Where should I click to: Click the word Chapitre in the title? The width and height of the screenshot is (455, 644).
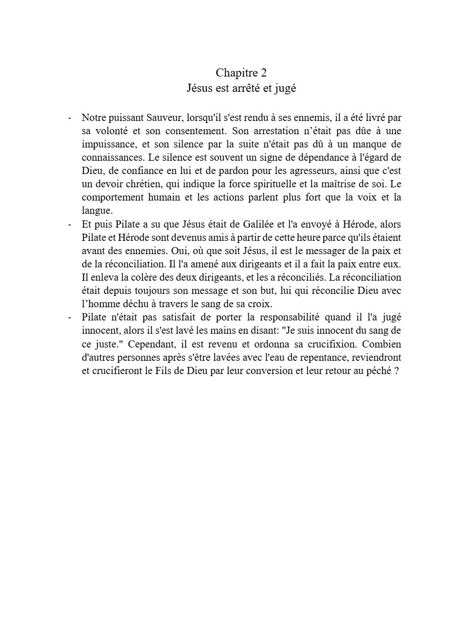point(236,72)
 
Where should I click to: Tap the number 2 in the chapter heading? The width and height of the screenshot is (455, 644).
point(264,72)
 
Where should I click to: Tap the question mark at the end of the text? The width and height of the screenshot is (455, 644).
point(396,370)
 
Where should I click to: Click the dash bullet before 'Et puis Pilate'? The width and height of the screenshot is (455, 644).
point(69,224)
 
